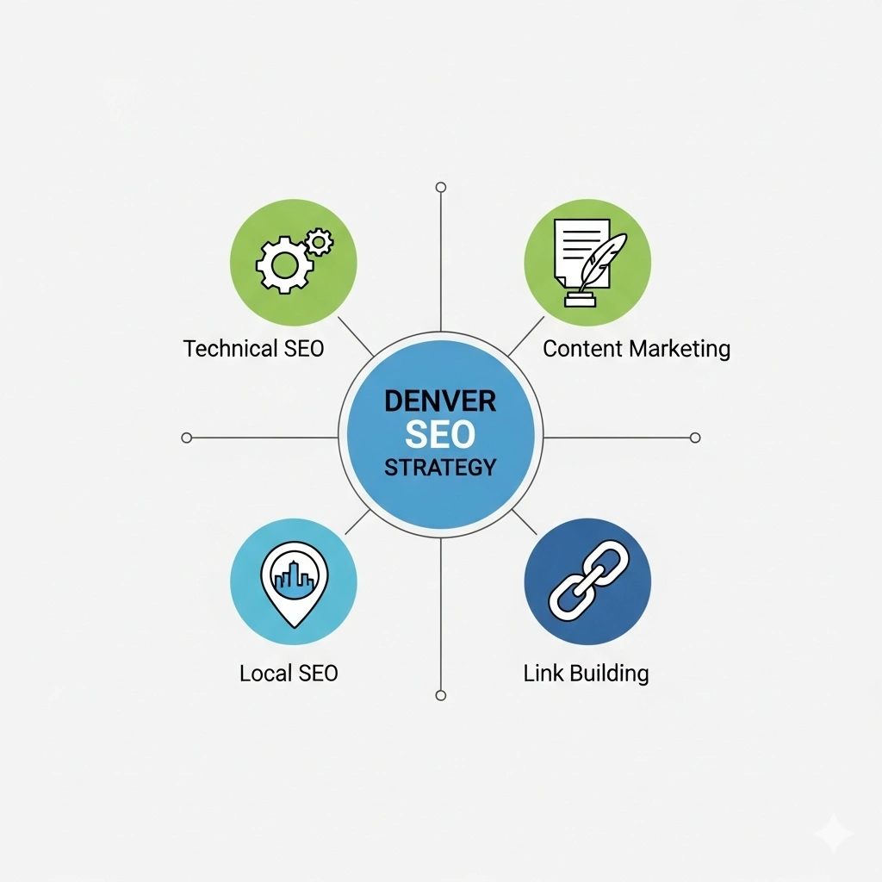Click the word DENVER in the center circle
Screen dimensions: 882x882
[x=440, y=401]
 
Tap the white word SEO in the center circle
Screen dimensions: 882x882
[x=440, y=434]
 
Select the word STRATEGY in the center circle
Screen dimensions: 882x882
[x=440, y=468]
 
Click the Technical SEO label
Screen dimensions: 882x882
[x=254, y=348]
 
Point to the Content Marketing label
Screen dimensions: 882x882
[x=637, y=349]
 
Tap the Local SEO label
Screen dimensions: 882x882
[x=289, y=673]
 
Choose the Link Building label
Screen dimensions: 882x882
[x=586, y=674]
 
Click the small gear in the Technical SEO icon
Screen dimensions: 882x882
[x=319, y=242]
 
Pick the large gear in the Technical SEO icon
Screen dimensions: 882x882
[x=284, y=265]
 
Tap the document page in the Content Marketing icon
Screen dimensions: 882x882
[x=581, y=252]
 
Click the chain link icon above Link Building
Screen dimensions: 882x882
[x=589, y=581]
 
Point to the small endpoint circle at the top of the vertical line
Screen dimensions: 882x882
[x=441, y=187]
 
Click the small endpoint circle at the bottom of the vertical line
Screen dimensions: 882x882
[x=441, y=696]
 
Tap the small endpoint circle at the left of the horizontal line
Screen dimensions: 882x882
[x=187, y=438]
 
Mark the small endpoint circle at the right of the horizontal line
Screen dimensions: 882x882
[x=695, y=438]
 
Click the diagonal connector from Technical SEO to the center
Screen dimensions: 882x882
[x=356, y=337]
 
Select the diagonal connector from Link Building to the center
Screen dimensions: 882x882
[x=525, y=522]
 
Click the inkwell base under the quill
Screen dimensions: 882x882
[x=580, y=299]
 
